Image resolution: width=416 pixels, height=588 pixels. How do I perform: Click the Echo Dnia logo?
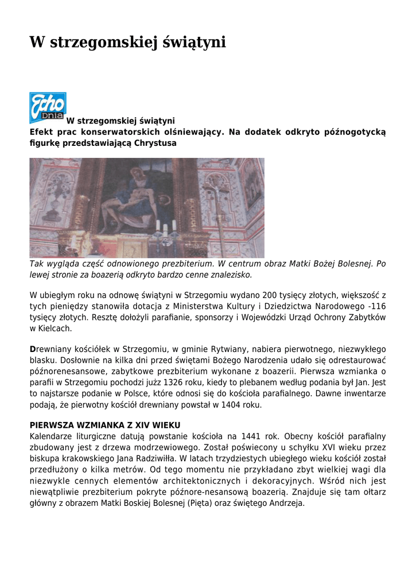(x=48, y=107)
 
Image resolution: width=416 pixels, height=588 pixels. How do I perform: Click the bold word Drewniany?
(x=53, y=349)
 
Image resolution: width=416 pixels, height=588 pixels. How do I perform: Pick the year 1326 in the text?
(x=174, y=382)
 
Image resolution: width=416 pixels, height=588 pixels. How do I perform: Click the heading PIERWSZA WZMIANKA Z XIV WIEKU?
(x=105, y=425)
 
